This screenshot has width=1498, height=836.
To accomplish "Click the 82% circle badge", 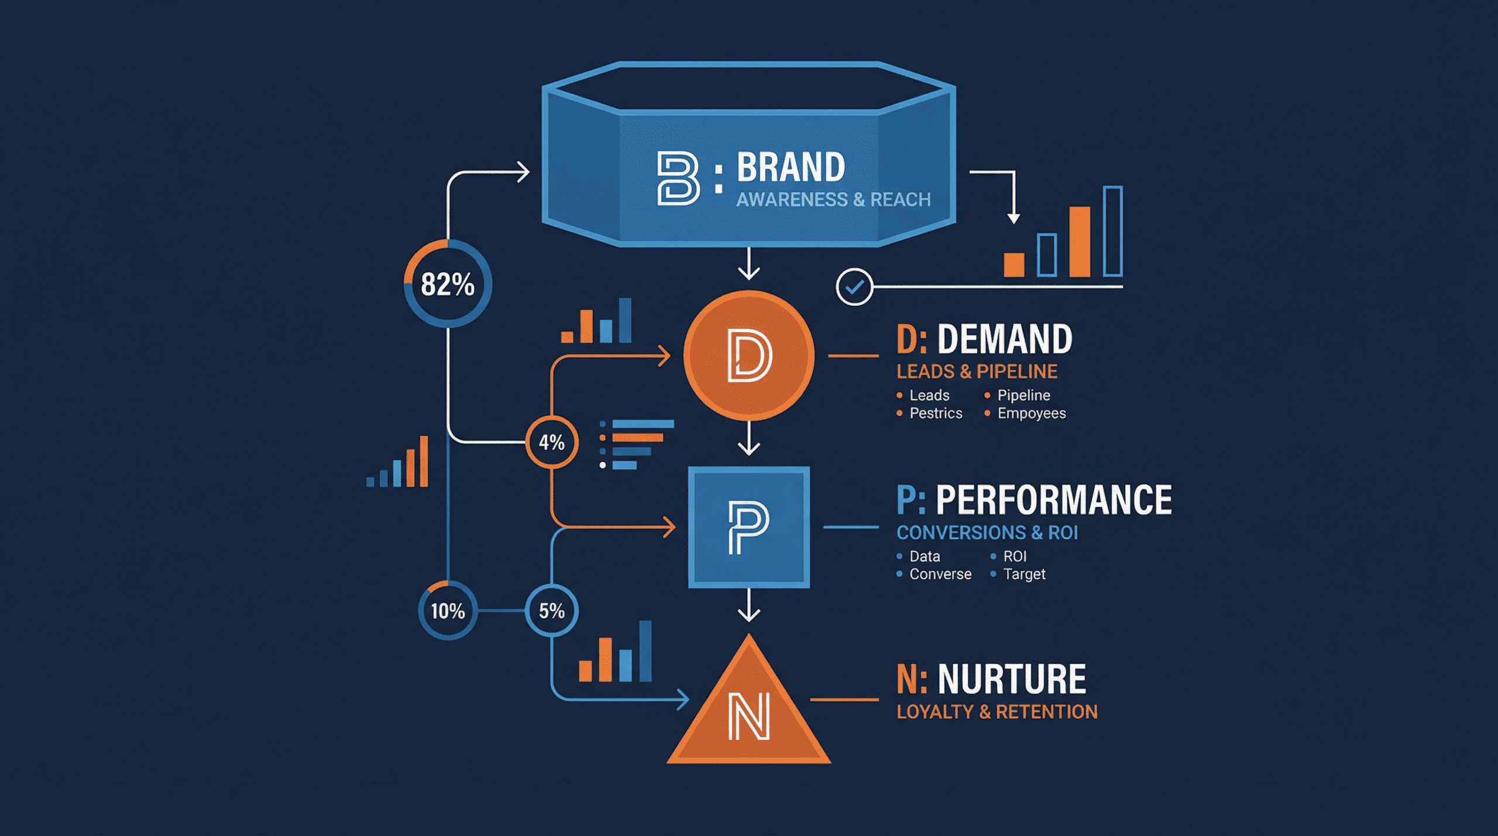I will pyautogui.click(x=448, y=284).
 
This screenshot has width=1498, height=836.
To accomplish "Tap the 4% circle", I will pyautogui.click(x=551, y=442).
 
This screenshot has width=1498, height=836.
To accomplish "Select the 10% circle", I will pyautogui.click(x=448, y=611).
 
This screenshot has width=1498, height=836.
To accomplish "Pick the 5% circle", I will pyautogui.click(x=551, y=611).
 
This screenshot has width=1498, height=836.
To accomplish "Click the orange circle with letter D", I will pyautogui.click(x=748, y=355).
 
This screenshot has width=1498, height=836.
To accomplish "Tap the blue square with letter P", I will pyautogui.click(x=748, y=527).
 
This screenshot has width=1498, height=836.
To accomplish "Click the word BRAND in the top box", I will pyautogui.click(x=791, y=167).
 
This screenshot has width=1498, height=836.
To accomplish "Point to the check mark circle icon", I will pyautogui.click(x=854, y=287).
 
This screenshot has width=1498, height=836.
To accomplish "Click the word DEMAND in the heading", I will pyautogui.click(x=1004, y=339).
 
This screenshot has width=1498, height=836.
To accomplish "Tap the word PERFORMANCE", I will pyautogui.click(x=1053, y=500).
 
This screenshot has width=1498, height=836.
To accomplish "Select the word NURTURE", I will pyautogui.click(x=1011, y=679).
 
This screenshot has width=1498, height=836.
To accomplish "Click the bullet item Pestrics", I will pyautogui.click(x=935, y=414).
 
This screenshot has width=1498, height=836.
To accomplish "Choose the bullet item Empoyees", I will pyautogui.click(x=1031, y=414).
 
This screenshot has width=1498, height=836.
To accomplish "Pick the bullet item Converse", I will pyautogui.click(x=940, y=574).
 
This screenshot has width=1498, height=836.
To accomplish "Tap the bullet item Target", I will pyautogui.click(x=1024, y=574).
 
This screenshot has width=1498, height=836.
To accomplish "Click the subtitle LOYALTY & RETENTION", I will pyautogui.click(x=997, y=712).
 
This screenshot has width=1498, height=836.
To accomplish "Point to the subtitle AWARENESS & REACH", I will pyautogui.click(x=833, y=199).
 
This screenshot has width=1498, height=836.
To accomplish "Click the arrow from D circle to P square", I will pyautogui.click(x=748, y=439).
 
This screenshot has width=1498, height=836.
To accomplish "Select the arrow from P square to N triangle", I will pyautogui.click(x=748, y=605).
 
